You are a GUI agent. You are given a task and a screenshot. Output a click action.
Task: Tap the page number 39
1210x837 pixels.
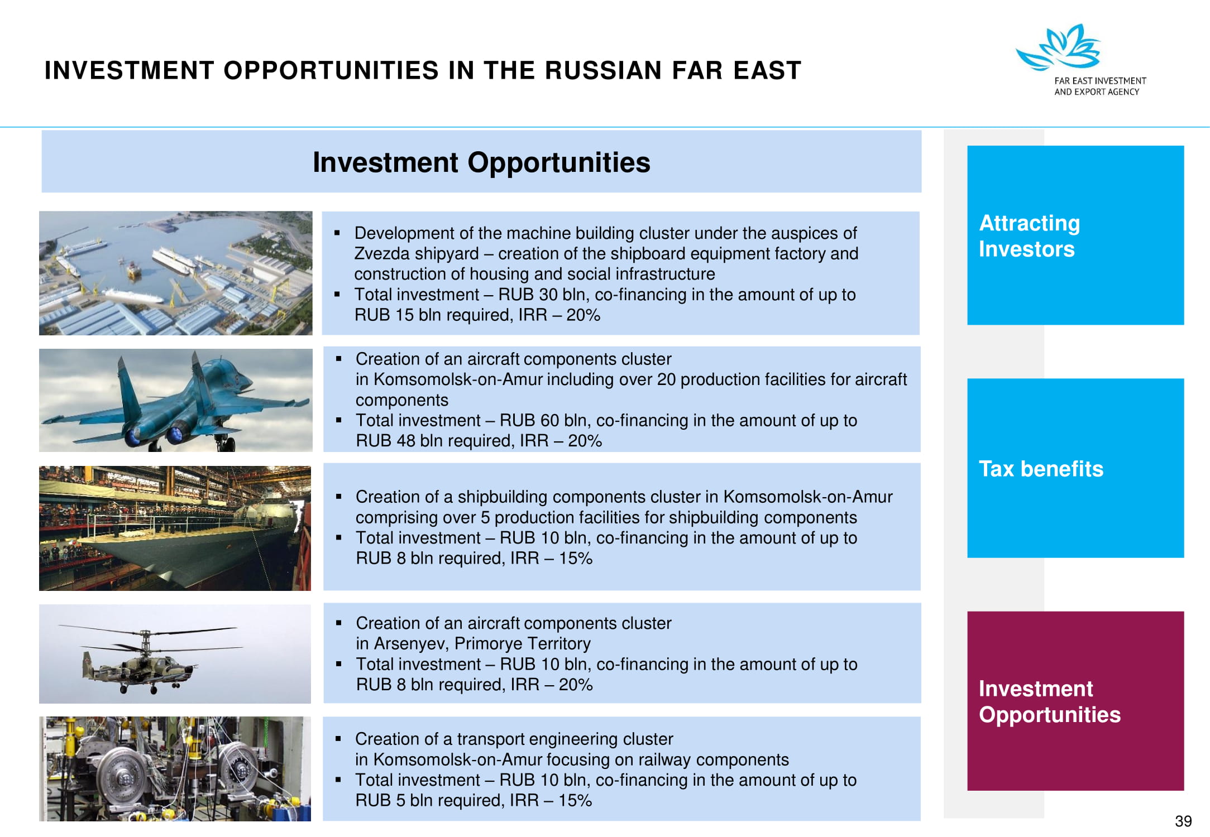pos(1183,821)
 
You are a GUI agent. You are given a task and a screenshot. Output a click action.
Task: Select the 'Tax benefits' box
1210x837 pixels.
pos(1075,468)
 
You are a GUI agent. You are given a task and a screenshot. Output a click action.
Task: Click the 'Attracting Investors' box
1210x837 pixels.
pos(1075,235)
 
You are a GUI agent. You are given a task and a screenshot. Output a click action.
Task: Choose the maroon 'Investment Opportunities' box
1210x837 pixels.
pos(1075,701)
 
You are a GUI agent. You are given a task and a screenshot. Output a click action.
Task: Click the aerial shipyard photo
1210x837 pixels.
pos(176,273)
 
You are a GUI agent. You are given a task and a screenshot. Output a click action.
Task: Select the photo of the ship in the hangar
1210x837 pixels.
pos(175,528)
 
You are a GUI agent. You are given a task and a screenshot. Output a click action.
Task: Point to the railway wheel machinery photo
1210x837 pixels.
pos(175,768)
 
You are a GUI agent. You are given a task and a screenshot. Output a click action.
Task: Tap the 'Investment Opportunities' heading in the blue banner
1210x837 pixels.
pos(481,162)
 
